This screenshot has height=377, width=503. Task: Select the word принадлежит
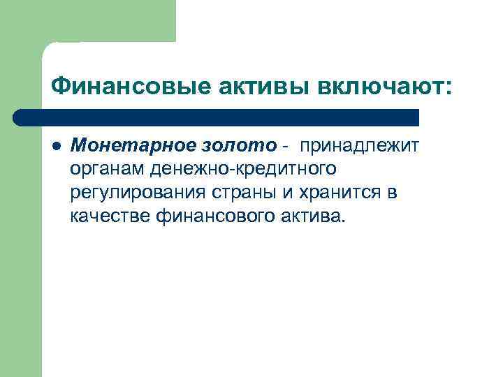tap(360, 145)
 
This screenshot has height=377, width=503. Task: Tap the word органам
tap(103, 168)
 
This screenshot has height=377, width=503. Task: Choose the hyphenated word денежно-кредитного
tap(239, 168)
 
